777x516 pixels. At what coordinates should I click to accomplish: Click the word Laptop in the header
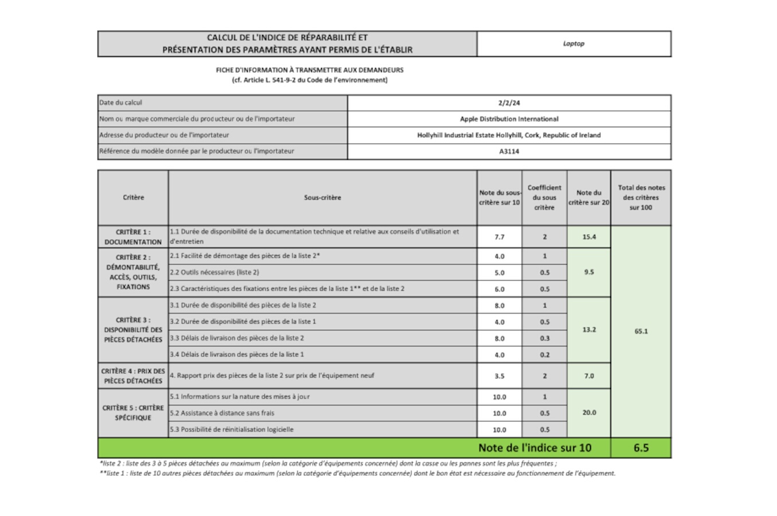573,44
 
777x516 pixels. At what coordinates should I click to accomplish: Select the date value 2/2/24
509,103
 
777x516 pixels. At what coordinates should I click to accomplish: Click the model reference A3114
509,151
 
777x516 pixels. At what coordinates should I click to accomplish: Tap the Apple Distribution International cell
509,119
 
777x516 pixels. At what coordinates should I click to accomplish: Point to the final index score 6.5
641,448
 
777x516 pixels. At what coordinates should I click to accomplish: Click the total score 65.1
641,331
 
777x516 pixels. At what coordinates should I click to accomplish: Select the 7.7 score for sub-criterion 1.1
499,237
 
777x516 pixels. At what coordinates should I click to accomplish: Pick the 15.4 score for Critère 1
589,237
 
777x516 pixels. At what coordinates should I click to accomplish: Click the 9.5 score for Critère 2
589,272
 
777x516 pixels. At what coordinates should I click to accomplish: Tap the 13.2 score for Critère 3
589,330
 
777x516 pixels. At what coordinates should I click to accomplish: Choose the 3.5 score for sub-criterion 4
499,376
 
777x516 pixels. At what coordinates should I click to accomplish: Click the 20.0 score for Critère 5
589,413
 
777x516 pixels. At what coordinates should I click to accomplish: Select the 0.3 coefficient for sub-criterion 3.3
544,338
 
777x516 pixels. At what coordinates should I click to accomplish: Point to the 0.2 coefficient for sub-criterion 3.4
544,355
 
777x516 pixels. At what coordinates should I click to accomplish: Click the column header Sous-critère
322,198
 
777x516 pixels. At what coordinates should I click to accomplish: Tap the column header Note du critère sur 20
589,198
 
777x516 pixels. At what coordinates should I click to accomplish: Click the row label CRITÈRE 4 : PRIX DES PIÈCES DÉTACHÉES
133,376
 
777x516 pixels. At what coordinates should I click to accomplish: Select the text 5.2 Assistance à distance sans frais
222,413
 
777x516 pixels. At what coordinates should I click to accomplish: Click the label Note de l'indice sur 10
534,448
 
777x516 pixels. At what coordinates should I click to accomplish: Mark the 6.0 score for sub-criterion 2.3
499,289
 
